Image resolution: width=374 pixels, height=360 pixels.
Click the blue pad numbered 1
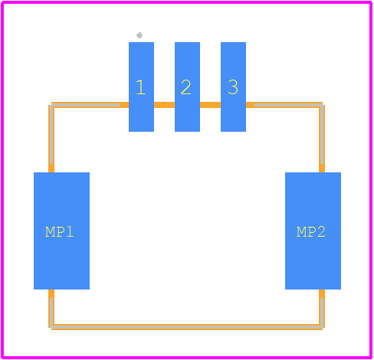(141, 87)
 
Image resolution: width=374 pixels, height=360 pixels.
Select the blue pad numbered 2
(187, 87)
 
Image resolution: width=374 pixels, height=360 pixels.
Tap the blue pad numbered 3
(233, 87)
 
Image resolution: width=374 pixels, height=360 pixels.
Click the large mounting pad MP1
(61, 231)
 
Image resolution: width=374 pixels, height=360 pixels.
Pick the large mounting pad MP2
(313, 231)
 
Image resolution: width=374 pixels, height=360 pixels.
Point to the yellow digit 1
(141, 87)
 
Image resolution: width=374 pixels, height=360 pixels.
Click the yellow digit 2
(185, 87)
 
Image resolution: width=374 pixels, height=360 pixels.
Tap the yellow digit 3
(233, 87)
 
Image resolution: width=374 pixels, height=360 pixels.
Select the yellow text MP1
(60, 232)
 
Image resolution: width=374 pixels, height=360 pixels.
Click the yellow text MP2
(311, 232)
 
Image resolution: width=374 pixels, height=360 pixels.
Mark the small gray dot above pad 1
(139, 35)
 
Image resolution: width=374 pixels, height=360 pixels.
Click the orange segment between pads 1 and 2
(164, 105)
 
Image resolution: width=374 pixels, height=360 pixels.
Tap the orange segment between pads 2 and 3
(210, 105)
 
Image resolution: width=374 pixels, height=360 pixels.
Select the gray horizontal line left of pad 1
(86, 105)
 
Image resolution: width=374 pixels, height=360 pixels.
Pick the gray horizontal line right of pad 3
(289, 105)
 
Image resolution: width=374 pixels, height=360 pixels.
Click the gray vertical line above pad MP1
(51, 134)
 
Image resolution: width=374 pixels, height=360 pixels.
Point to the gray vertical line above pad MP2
(322, 134)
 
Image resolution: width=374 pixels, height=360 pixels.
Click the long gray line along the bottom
(186, 326)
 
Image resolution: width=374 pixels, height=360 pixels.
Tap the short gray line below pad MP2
(322, 313)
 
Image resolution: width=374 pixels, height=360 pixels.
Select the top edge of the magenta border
(186, 2)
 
